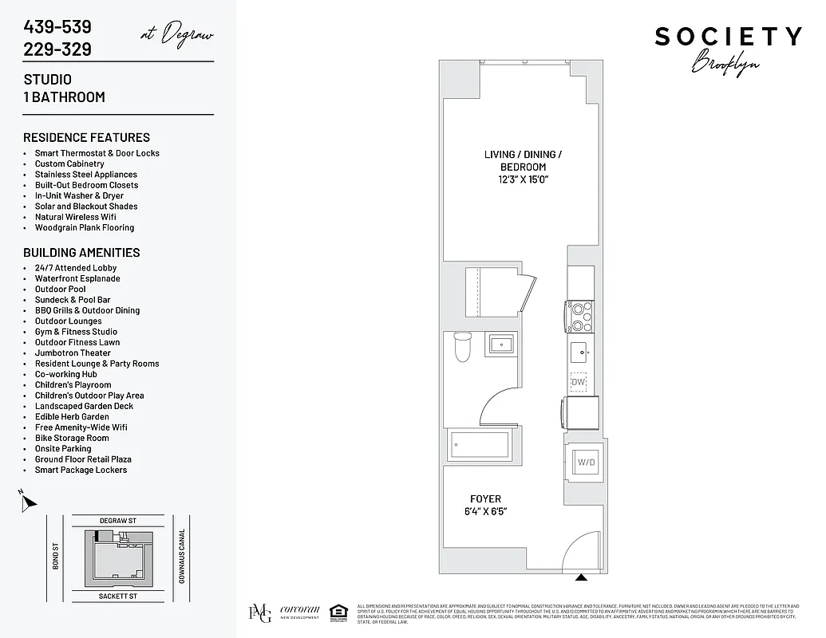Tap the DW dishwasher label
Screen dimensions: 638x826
[579, 383]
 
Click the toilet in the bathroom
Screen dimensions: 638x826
[462, 348]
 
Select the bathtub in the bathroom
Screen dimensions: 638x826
[479, 444]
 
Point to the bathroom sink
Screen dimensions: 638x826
[501, 345]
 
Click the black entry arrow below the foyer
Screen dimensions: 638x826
[581, 577]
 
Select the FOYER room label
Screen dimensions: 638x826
[485, 499]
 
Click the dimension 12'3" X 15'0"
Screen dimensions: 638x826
[523, 179]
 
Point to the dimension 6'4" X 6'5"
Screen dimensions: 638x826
[485, 511]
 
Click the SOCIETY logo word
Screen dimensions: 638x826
[728, 37]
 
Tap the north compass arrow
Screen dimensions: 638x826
[29, 502]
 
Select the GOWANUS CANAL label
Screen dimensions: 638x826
[182, 557]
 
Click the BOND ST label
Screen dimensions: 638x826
[56, 557]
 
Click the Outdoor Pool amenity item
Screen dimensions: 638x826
[60, 289]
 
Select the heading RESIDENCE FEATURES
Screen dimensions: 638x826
[86, 138]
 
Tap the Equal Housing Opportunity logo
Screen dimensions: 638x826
[337, 612]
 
